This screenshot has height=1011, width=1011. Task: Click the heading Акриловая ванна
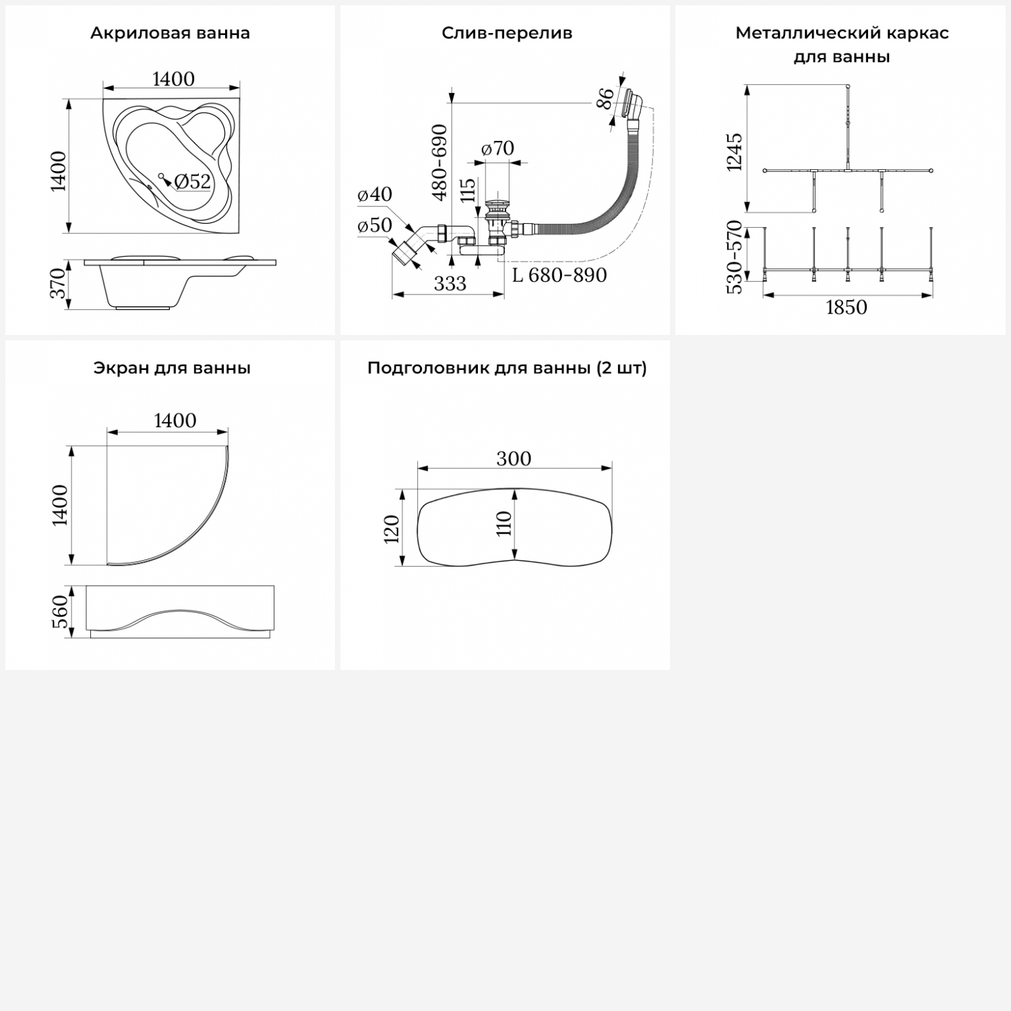click(x=170, y=34)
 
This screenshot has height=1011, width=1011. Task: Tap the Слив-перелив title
click(x=507, y=34)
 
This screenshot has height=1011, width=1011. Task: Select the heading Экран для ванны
click(x=172, y=369)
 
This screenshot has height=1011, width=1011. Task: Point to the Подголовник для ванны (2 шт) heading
click(x=507, y=369)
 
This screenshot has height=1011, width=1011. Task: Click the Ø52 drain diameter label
click(x=193, y=181)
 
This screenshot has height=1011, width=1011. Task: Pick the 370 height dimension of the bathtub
click(x=59, y=283)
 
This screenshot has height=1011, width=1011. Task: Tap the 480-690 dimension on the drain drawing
click(x=439, y=162)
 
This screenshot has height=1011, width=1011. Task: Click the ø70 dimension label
click(x=498, y=148)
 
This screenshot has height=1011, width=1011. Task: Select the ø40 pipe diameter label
click(x=375, y=195)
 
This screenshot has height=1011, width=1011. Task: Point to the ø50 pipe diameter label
click(x=375, y=226)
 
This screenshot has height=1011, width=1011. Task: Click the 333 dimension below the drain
click(x=450, y=284)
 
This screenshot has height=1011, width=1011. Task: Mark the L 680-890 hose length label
click(x=559, y=275)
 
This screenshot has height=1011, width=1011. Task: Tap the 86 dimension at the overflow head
click(x=606, y=98)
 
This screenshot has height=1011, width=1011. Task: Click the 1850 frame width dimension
click(x=847, y=307)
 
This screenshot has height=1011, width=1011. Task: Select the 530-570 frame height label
click(x=734, y=257)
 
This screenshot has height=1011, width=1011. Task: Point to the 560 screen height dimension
click(x=61, y=611)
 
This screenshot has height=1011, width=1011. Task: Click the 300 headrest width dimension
click(x=514, y=459)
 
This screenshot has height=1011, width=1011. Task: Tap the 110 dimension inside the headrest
click(x=504, y=523)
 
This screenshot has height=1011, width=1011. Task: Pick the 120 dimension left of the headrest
click(x=392, y=528)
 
